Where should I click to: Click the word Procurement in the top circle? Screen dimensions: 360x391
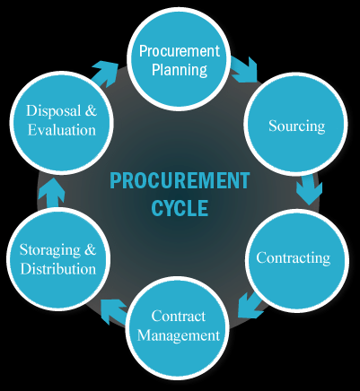click(x=180, y=51)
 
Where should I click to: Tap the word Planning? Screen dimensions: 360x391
click(x=180, y=70)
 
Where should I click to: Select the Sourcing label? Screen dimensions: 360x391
click(x=296, y=126)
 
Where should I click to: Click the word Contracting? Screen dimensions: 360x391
click(x=294, y=258)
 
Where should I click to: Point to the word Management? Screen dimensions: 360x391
click(x=179, y=335)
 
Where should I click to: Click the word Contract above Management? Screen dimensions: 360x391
click(x=179, y=317)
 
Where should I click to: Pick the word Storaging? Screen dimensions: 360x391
click(x=50, y=250)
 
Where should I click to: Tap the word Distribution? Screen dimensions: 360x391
click(x=58, y=269)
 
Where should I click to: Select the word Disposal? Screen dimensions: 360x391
click(x=54, y=111)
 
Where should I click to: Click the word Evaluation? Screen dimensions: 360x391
click(x=62, y=130)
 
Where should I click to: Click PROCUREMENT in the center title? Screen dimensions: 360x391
click(x=180, y=180)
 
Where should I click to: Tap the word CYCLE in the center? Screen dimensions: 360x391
click(x=180, y=208)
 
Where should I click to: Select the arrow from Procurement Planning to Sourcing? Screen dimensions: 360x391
click(x=244, y=71)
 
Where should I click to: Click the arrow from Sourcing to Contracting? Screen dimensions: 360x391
click(x=309, y=189)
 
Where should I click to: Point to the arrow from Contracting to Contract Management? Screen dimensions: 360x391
click(x=250, y=305)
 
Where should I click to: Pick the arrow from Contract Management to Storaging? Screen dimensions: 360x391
click(x=115, y=311)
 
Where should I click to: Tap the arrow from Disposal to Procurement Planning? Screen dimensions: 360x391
click(x=105, y=74)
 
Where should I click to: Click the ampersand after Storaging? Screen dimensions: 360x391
click(x=90, y=249)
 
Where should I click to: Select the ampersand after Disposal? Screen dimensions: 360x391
click(x=91, y=110)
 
